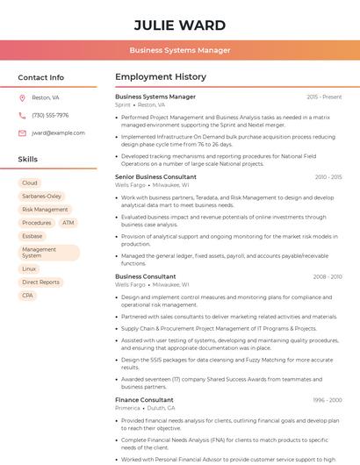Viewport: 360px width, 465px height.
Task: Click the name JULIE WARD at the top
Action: tap(180, 25)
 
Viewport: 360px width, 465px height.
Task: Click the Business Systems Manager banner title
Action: tap(180, 50)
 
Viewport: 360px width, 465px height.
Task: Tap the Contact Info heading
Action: tap(41, 77)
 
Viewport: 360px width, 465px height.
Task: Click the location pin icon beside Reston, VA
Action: tap(22, 97)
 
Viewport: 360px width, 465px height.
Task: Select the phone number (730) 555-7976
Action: tap(50, 115)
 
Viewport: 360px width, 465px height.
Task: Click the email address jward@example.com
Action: tap(58, 132)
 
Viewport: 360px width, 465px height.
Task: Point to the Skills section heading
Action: tap(28, 160)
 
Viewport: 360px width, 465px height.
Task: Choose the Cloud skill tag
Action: tap(30, 182)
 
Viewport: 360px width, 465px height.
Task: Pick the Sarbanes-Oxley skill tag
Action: tap(42, 196)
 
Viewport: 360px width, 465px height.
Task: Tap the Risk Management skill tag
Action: tap(45, 210)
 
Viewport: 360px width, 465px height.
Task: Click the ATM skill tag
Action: tap(68, 223)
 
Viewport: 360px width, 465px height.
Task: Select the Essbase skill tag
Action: tap(32, 236)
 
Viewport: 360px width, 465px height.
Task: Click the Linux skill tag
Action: tap(30, 268)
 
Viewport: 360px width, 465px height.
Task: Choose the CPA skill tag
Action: tap(28, 295)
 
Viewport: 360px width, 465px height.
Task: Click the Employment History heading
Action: tap(161, 77)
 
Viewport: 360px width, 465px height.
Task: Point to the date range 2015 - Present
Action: tap(324, 97)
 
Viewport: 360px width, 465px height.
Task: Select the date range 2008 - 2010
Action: tap(327, 276)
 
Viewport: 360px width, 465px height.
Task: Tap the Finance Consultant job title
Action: tap(144, 400)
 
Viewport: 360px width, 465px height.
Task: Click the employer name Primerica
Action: tap(128, 408)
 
